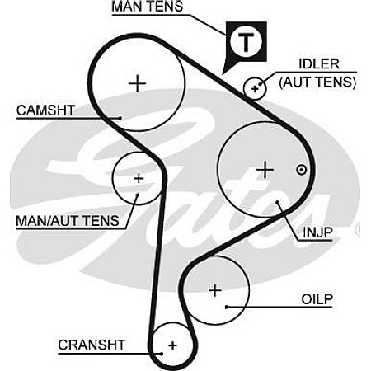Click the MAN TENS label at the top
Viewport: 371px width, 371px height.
[148, 7]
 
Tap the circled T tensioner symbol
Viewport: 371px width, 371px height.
[246, 42]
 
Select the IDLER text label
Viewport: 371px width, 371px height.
[319, 64]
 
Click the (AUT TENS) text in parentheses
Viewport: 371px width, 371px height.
[317, 82]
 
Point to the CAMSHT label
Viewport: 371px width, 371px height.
[45, 110]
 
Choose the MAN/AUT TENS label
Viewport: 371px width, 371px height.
[68, 221]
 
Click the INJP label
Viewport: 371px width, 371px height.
[317, 232]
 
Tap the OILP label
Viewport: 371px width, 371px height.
[317, 299]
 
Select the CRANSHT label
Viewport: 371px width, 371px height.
[92, 345]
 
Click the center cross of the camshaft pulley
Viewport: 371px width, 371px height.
[137, 83]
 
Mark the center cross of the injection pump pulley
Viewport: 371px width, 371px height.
[265, 170]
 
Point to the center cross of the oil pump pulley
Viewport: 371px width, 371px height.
[215, 290]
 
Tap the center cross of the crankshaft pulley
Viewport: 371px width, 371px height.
[173, 345]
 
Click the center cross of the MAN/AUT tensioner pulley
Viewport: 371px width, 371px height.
[139, 178]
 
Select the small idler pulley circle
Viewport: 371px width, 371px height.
[255, 88]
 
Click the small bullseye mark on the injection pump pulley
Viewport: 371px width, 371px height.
[302, 170]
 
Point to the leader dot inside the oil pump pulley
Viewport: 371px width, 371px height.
[227, 307]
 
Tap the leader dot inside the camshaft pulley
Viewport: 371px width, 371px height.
[120, 118]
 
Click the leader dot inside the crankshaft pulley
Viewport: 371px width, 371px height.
[162, 354]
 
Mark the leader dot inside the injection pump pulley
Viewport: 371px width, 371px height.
[278, 202]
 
